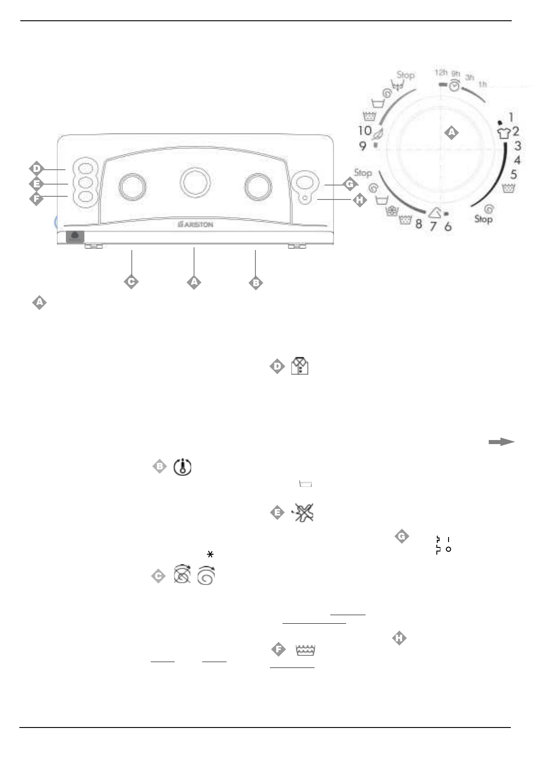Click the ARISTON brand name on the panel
coord(195,224)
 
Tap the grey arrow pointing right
coord(501,442)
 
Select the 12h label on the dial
coord(440,73)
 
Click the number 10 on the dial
coord(365,131)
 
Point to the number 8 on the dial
coord(419,223)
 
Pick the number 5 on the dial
coord(514,175)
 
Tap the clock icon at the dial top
coord(454,86)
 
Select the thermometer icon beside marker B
coord(182,467)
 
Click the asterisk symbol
coord(210,554)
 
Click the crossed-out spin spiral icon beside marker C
coord(182,576)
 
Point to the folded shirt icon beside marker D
coord(300,366)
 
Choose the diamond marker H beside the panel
coord(359,200)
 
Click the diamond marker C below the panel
coord(131,282)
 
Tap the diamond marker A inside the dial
coord(451,132)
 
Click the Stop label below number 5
coord(483,220)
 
